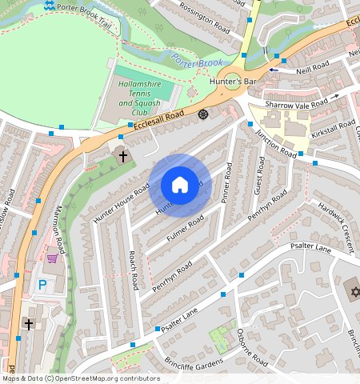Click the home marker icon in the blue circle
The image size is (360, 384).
click(x=180, y=186)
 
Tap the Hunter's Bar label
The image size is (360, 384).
click(x=233, y=82)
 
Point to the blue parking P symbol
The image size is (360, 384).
click(x=42, y=285)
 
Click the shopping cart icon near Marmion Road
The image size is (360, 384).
click(x=53, y=258)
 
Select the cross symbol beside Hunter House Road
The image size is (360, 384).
click(x=123, y=155)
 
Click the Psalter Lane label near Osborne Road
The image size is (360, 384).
click(x=179, y=321)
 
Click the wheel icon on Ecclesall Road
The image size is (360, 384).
click(x=203, y=115)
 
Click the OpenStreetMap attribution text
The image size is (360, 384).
click(x=81, y=378)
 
